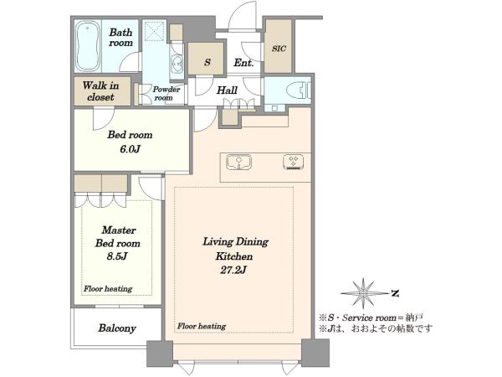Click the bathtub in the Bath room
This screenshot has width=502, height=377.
click(x=87, y=46)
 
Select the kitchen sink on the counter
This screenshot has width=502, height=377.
click(x=238, y=162)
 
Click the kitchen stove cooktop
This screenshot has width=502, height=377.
click(x=294, y=162)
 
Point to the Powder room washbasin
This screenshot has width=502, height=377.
click(x=176, y=64)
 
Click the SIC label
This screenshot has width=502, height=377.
click(x=279, y=49)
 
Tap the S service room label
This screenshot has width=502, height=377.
click(x=207, y=61)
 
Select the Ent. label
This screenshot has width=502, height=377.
click(x=243, y=63)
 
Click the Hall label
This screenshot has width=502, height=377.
click(x=227, y=90)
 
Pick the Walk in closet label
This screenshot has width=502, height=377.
click(x=101, y=91)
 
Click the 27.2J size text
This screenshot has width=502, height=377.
click(x=233, y=271)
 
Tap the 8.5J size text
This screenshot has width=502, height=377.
click(x=117, y=256)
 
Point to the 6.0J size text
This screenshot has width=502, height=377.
click(x=131, y=149)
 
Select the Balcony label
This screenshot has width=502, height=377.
click(x=117, y=328)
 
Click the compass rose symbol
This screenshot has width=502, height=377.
click(x=363, y=293)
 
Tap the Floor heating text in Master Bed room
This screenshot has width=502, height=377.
click(x=108, y=288)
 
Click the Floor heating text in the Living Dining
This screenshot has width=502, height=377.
click(x=202, y=326)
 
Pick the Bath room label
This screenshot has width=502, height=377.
click(x=120, y=38)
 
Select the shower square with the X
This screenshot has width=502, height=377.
click(x=154, y=31)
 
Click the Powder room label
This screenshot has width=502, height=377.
click(x=166, y=93)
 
